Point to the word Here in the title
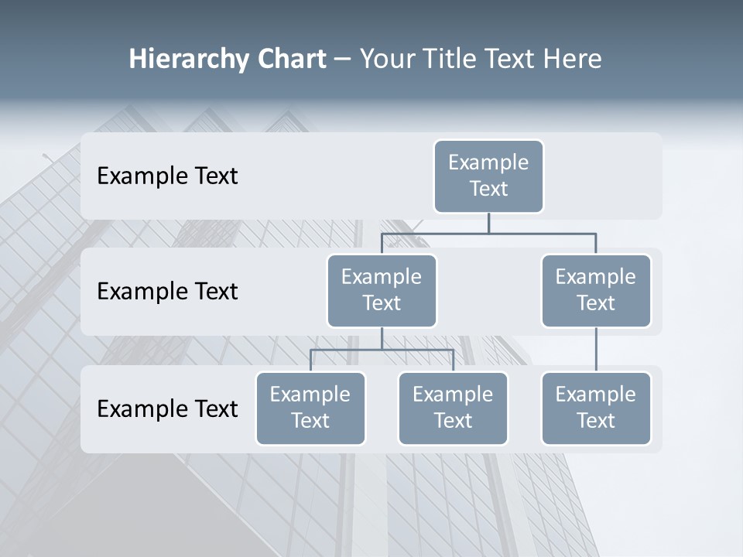click(574, 59)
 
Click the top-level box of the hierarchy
click(488, 176)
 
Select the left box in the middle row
click(382, 291)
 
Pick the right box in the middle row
click(596, 291)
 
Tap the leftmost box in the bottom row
click(310, 408)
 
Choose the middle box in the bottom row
click(453, 408)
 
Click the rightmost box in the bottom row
click(596, 408)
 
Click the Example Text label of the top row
click(167, 176)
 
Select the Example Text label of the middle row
click(167, 292)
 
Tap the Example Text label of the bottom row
click(167, 408)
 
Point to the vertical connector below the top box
click(488, 223)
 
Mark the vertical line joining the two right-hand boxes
click(596, 350)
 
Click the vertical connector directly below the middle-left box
click(382, 338)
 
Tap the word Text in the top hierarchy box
click(488, 189)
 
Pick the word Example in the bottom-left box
click(310, 395)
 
